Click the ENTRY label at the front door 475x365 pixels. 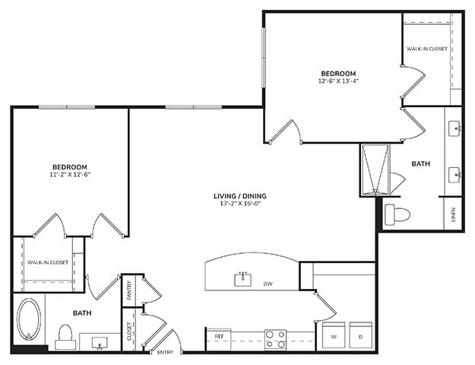(x=166, y=352)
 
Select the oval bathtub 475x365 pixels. (x=29, y=319)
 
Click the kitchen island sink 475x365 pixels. (x=243, y=279)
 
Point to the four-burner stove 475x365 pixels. (x=275, y=340)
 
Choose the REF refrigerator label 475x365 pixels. (x=219, y=337)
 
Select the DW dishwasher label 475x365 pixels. (x=268, y=284)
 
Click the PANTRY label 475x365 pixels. (x=130, y=290)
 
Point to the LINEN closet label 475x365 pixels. (x=454, y=214)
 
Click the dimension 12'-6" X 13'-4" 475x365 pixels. (x=338, y=81)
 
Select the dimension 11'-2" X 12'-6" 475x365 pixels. (x=70, y=174)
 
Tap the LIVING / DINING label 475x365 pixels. (x=240, y=196)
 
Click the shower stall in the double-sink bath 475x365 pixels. (x=375, y=170)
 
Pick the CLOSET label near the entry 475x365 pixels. (x=130, y=332)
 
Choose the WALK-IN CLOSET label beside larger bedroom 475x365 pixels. (x=427, y=49)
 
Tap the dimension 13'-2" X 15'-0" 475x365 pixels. (x=240, y=204)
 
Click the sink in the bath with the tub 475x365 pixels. (x=100, y=343)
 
